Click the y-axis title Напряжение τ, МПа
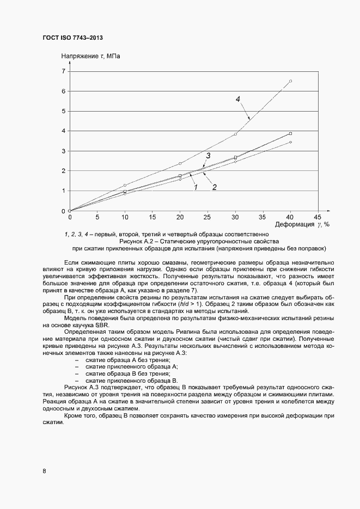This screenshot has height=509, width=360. pos(90,56)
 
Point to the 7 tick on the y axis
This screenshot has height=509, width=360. pos(63,71)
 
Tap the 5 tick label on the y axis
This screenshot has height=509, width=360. pos(63,111)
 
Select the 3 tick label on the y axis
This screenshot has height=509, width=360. pos(63,151)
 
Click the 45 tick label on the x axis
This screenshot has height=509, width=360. pos(318,216)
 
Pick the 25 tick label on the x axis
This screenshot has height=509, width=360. pos(208,216)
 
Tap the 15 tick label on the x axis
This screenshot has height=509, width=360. pos(152,216)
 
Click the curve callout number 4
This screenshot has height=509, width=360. pos(238,99)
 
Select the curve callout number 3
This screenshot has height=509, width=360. pos(208,156)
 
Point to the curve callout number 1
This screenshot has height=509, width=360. pos(194,187)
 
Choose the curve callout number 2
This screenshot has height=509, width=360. pos(215,187)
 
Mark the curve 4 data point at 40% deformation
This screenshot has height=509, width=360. pos(290,81)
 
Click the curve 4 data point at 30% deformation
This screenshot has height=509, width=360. pos(235,134)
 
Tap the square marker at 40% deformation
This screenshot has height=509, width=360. pos(290,133)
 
